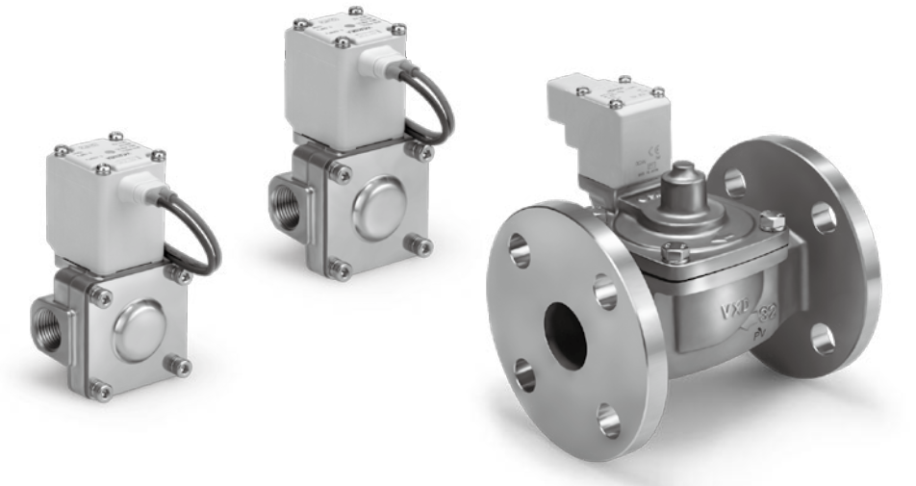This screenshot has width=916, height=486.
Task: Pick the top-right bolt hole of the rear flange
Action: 824,217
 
